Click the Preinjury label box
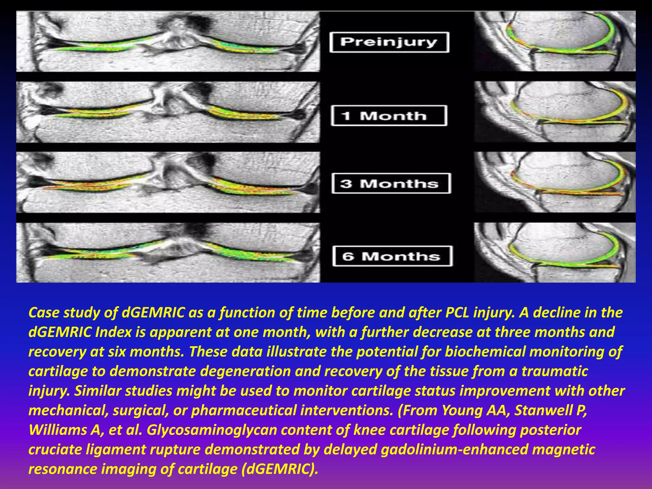(x=389, y=42)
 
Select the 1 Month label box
(x=389, y=116)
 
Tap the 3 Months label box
(x=391, y=183)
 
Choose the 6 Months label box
(x=392, y=256)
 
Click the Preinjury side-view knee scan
(x=555, y=41)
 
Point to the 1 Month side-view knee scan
(x=555, y=112)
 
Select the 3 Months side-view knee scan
(x=555, y=182)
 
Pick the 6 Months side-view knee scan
(x=555, y=252)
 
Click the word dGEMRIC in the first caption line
(x=153, y=313)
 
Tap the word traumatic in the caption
(x=555, y=372)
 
